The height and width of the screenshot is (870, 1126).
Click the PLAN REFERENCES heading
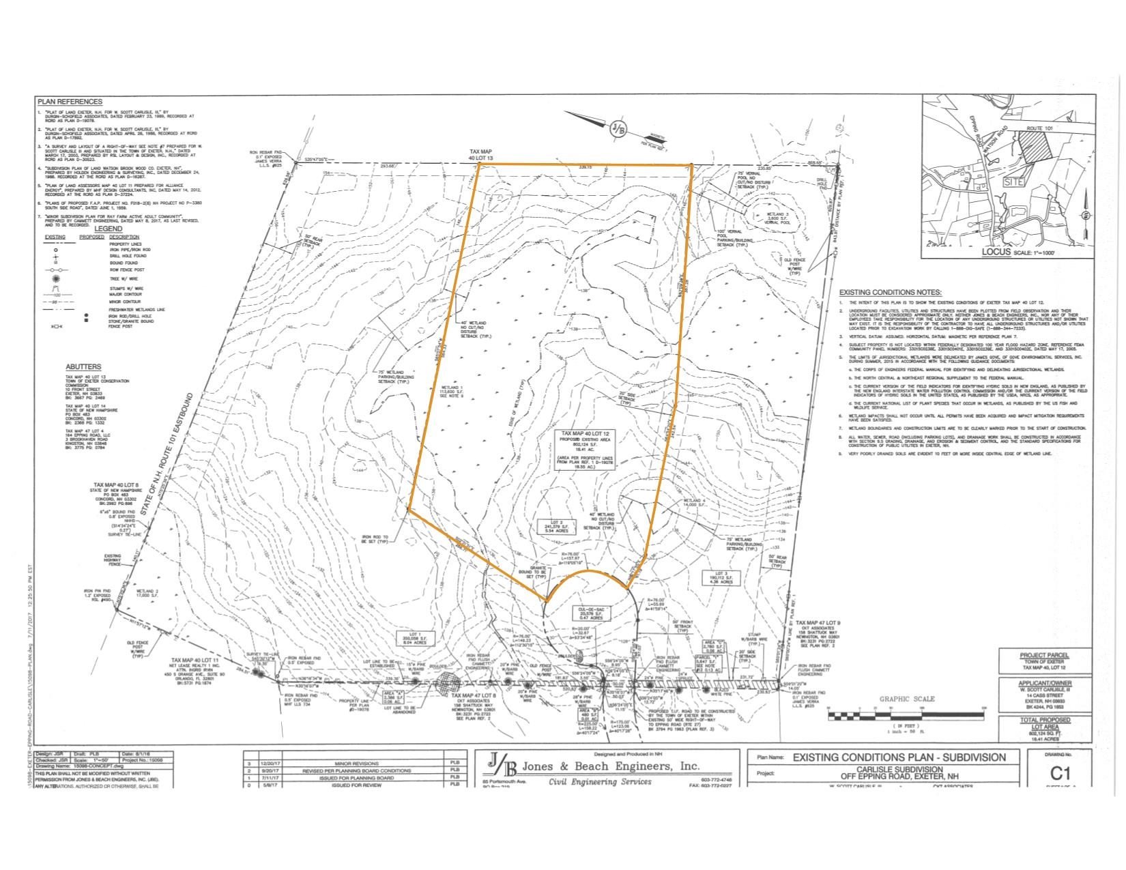(70, 102)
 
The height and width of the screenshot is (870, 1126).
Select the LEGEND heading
(109, 229)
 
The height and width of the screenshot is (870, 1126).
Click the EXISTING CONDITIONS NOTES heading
(890, 292)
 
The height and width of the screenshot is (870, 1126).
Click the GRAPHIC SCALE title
(907, 699)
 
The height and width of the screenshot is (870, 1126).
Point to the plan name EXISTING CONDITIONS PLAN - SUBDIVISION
(899, 757)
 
